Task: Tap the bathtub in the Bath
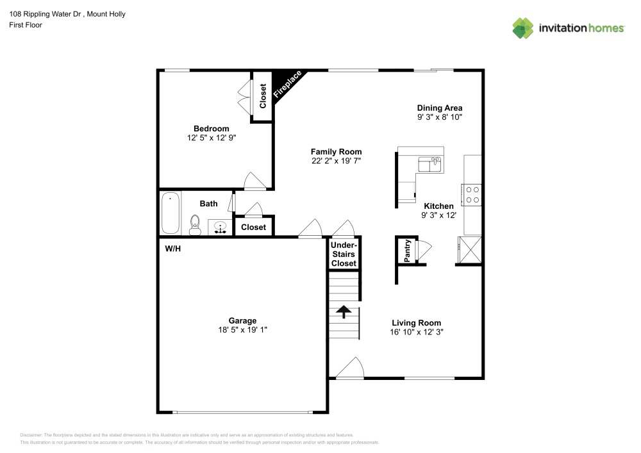[x=171, y=213]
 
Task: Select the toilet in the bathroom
[x=196, y=224]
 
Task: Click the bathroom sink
[x=220, y=227]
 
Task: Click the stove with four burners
[x=472, y=194]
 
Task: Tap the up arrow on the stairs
[x=344, y=311]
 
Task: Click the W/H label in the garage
[x=173, y=248]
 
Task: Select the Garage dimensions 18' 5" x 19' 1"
[x=242, y=330]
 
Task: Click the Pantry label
[x=407, y=251]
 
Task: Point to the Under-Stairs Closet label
[x=344, y=254]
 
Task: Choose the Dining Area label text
[x=439, y=108]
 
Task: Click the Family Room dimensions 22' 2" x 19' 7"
[x=337, y=161]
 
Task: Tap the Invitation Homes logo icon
[x=523, y=28]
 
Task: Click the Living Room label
[x=416, y=323]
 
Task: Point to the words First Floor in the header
[x=26, y=25]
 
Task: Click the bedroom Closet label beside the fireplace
[x=263, y=96]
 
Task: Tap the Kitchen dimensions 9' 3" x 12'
[x=439, y=215]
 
